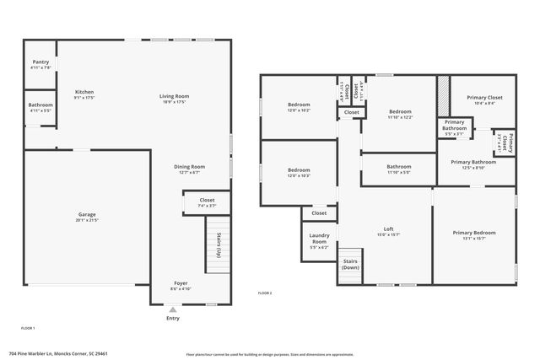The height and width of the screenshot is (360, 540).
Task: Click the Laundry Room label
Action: pyautogui.click(x=319, y=238)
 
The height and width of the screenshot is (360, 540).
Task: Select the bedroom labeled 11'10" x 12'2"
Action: pyautogui.click(x=399, y=114)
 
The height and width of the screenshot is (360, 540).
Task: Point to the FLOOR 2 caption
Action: pyautogui.click(x=265, y=293)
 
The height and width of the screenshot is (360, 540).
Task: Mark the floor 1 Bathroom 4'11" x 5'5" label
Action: pyautogui.click(x=40, y=107)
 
